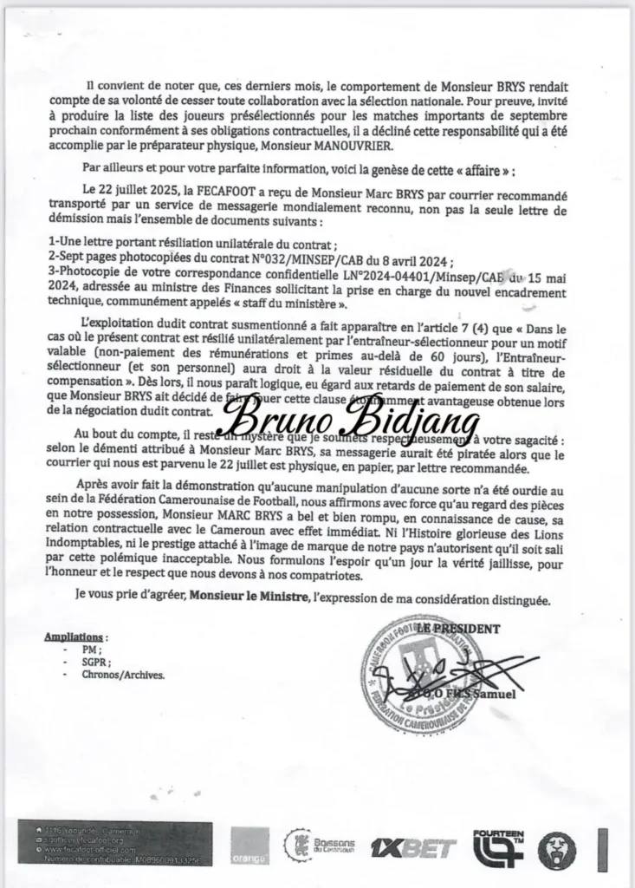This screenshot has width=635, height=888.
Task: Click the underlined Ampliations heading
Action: click(76, 637)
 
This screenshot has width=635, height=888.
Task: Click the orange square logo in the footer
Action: click(248, 846)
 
